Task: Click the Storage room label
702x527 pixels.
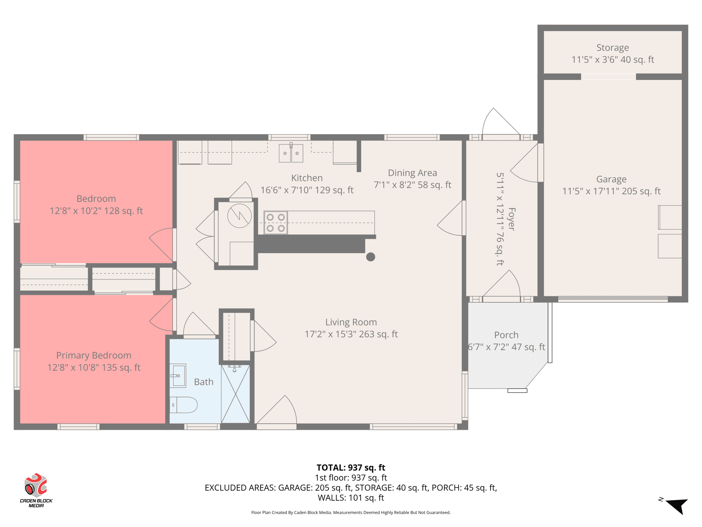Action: point(613,48)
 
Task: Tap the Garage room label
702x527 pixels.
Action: point(611,179)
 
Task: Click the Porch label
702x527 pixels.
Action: point(506,335)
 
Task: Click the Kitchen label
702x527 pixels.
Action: point(307,178)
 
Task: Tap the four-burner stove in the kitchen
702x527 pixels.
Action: point(276,223)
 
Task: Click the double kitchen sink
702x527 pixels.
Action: point(291,153)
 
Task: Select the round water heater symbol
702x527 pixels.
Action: point(240,216)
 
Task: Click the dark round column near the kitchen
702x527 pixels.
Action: point(371,257)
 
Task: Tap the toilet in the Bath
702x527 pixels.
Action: point(183,405)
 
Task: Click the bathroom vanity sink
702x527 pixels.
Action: point(178,376)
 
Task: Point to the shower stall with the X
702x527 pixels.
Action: point(236,394)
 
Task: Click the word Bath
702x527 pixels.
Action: point(204,382)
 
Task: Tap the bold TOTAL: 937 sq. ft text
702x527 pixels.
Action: point(351,468)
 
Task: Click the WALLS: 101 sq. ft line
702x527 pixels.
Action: point(351,498)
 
